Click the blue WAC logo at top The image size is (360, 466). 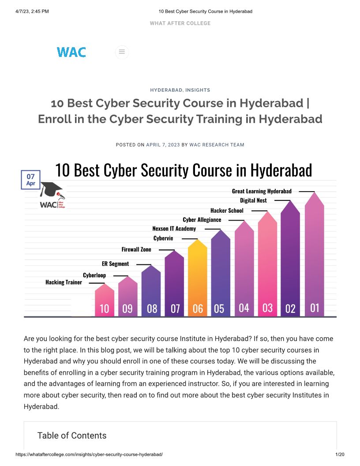[x=71, y=52]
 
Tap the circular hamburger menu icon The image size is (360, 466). [x=122, y=52]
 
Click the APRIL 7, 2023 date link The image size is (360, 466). [x=163, y=145]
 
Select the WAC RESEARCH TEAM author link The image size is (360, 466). [x=217, y=145]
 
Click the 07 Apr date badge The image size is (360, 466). [x=30, y=180]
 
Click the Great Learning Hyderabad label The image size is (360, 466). [x=262, y=191]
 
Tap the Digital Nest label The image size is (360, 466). [x=253, y=200]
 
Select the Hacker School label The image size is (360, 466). [x=227, y=210]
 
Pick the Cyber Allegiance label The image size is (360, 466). [x=202, y=220]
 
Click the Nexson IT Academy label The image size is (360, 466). [x=174, y=229]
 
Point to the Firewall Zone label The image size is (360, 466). [x=136, y=249]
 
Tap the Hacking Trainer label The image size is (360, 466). [x=64, y=282]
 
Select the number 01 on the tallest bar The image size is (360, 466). [x=315, y=307]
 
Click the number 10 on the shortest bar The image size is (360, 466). [x=104, y=308]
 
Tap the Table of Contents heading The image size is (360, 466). [x=72, y=436]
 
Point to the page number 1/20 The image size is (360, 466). [x=340, y=454]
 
